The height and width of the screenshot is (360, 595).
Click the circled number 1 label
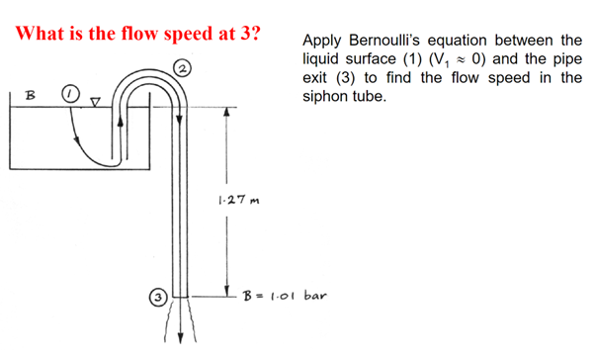pyautogui.click(x=69, y=94)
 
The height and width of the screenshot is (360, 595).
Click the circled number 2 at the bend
pyautogui.click(x=183, y=66)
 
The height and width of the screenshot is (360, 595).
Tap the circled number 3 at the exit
pyautogui.click(x=156, y=294)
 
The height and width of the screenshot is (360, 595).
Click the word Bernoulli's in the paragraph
pyautogui.click(x=390, y=41)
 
